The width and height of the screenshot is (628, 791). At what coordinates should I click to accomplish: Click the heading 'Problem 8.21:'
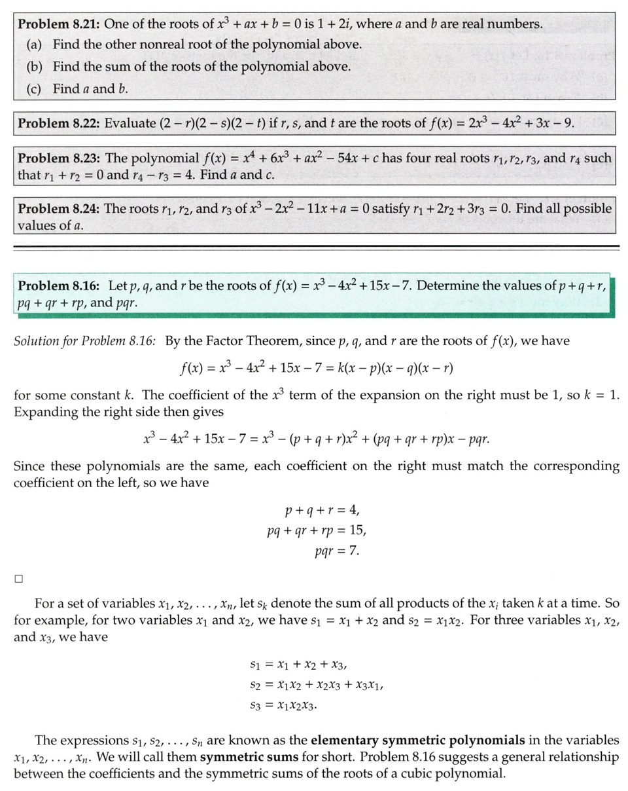coord(58,25)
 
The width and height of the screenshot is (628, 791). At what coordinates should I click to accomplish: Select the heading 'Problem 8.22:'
coord(58,123)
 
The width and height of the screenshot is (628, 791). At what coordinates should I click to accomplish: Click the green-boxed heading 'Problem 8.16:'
coord(58,286)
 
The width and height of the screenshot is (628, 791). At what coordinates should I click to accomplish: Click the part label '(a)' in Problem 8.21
coord(35,45)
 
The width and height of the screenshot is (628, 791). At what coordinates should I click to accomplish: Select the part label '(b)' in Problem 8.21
coord(35,67)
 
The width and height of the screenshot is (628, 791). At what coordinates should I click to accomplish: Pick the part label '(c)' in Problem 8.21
coord(35,88)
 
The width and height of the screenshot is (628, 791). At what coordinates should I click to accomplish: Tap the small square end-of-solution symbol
coord(19,579)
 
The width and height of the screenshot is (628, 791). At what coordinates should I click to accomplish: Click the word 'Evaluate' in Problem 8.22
coord(129,123)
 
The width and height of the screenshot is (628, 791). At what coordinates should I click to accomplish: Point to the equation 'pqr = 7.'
coord(336,550)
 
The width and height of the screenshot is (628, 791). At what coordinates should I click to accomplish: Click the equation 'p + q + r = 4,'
coord(322,510)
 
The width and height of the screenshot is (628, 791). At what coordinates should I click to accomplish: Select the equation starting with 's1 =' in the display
coord(298,665)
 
